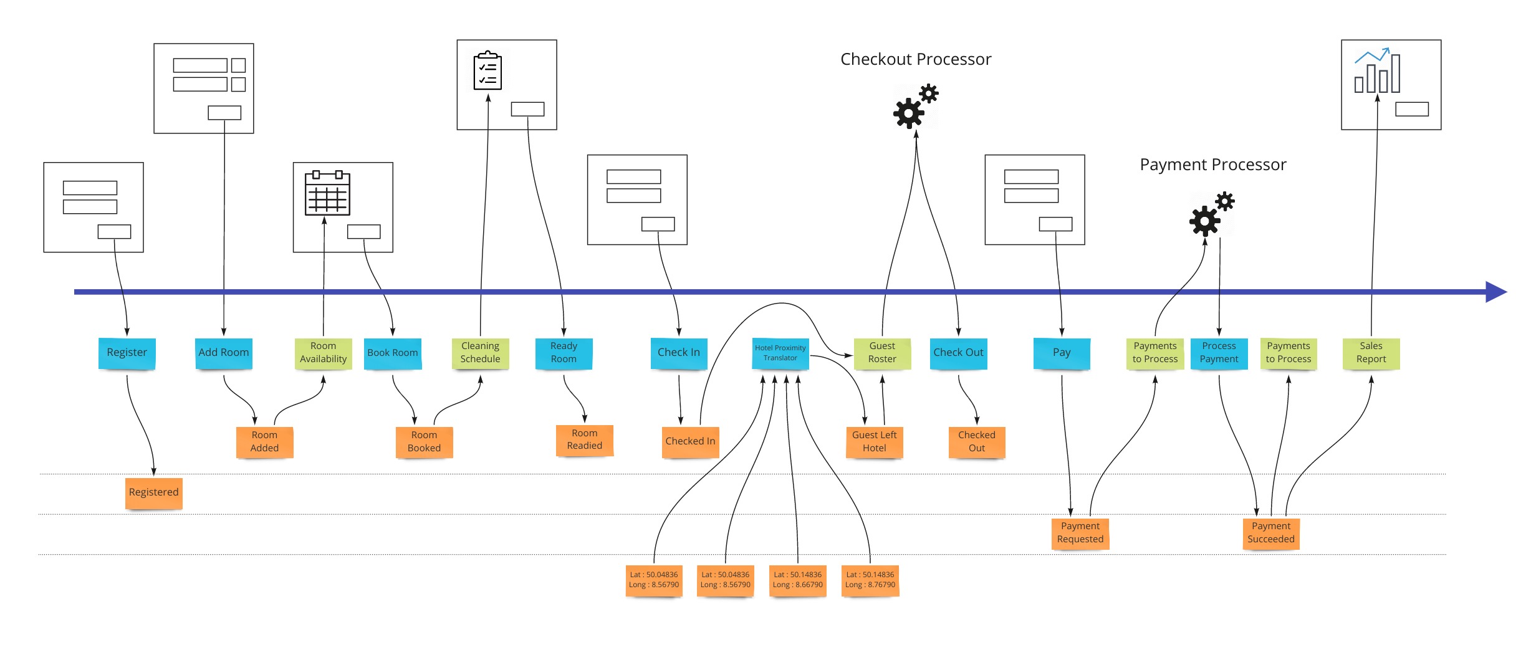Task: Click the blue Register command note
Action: [x=127, y=353]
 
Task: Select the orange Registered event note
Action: [x=153, y=492]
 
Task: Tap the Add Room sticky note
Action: [x=223, y=353]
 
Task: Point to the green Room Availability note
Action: [x=323, y=353]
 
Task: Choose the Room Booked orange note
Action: [x=424, y=441]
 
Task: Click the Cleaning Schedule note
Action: [x=480, y=353]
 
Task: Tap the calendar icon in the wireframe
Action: [x=327, y=193]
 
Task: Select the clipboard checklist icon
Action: [x=487, y=71]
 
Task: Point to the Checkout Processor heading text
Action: [x=915, y=59]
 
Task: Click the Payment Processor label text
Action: [x=1212, y=165]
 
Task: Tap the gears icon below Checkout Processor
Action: [x=915, y=107]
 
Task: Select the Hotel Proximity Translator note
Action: [x=780, y=353]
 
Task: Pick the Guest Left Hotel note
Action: [x=874, y=441]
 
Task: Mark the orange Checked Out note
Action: [x=976, y=441]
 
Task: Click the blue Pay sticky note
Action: [x=1061, y=353]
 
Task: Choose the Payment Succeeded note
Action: [x=1270, y=533]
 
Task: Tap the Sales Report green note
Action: [x=1371, y=353]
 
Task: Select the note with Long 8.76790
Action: [x=870, y=580]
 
